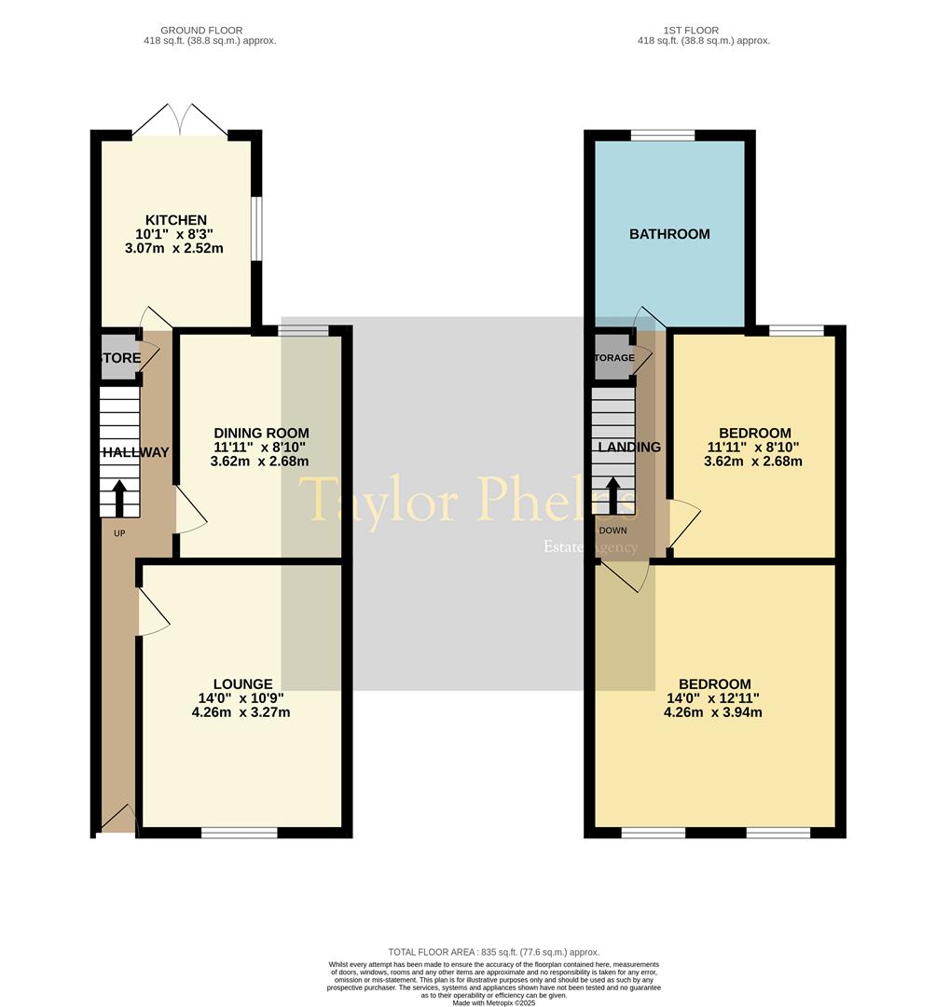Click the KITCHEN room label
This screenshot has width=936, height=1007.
[175, 220]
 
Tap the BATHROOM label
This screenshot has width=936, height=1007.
[669, 234]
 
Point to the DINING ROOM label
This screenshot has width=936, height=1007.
[261, 433]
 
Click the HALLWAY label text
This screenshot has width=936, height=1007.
[136, 452]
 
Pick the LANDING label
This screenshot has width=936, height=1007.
[630, 447]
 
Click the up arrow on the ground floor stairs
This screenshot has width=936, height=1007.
[119, 497]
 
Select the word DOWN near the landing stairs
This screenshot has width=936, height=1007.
[613, 531]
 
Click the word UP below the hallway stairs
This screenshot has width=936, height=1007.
[119, 533]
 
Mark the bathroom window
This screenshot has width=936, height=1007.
[663, 135]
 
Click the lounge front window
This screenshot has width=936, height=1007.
[239, 833]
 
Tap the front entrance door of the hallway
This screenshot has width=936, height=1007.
[117, 821]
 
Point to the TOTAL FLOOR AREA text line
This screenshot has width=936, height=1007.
[494, 952]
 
